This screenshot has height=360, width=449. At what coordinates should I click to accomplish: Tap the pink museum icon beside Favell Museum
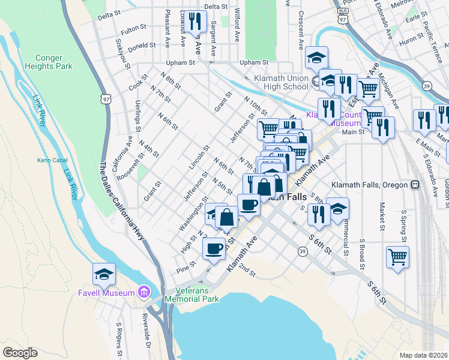(x=143, y=293)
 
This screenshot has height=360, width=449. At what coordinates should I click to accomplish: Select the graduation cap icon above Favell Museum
(x=104, y=274)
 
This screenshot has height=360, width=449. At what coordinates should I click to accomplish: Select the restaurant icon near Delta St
(x=193, y=22)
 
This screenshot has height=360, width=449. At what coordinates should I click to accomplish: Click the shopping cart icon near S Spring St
(x=397, y=257)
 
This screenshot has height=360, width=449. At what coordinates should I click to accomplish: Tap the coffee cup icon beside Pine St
(x=214, y=248)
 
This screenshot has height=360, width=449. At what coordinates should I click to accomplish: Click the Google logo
(x=20, y=353)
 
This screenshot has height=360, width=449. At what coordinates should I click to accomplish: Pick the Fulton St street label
(x=133, y=28)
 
